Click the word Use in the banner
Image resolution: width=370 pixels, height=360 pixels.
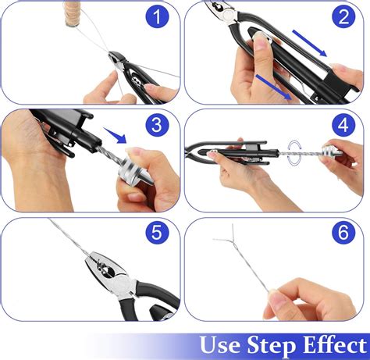click(222, 344)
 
